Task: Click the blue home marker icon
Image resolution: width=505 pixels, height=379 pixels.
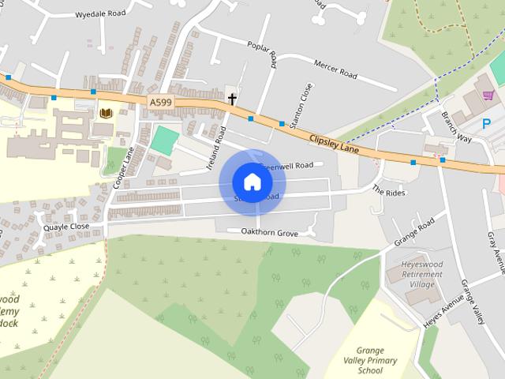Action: click(x=252, y=182)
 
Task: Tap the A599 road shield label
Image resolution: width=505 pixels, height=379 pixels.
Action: click(x=159, y=101)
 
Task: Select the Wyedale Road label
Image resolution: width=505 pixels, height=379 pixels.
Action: click(x=100, y=14)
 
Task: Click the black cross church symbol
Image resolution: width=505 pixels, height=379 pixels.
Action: click(x=232, y=99)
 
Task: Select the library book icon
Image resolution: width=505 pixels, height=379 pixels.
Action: click(x=105, y=114)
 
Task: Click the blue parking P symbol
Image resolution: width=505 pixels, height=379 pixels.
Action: click(x=486, y=123)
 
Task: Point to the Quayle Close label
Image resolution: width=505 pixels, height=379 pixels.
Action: click(x=67, y=226)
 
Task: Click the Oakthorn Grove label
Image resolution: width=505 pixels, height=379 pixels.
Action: click(x=263, y=233)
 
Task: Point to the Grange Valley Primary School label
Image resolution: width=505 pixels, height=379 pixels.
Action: click(x=370, y=360)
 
